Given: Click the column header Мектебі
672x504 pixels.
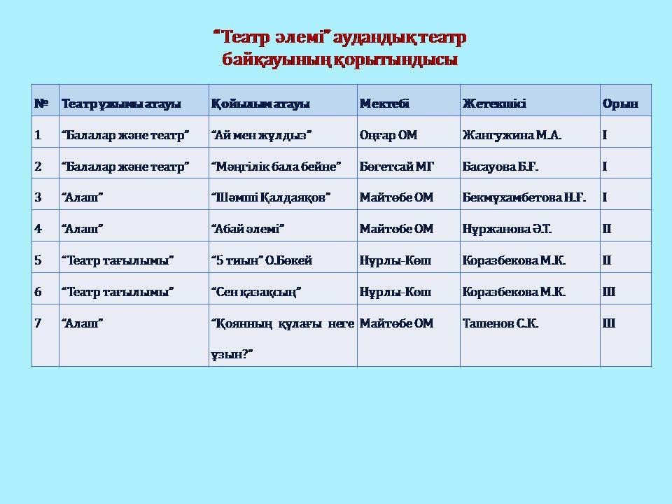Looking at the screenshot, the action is pyautogui.click(x=384, y=104).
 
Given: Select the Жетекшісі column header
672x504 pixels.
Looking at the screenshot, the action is pyautogui.click(x=494, y=104).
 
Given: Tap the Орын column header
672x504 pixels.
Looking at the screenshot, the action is pyautogui.click(x=620, y=104).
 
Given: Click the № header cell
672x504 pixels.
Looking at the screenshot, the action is pyautogui.click(x=41, y=104).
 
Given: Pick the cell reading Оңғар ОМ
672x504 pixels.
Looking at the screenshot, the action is pyautogui.click(x=388, y=135).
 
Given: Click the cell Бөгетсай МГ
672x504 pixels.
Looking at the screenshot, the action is pyautogui.click(x=397, y=167).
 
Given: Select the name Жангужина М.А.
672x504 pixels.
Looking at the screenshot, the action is pyautogui.click(x=512, y=135).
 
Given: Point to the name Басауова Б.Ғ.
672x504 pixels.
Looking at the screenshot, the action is pyautogui.click(x=500, y=167).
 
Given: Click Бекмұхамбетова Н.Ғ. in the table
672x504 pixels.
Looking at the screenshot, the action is pyautogui.click(x=524, y=197).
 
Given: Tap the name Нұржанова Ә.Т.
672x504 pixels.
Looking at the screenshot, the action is pyautogui.click(x=507, y=229).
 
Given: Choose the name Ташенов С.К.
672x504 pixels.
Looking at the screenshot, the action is pyautogui.click(x=500, y=323).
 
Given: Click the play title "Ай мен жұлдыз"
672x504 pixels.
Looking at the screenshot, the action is pyautogui.click(x=261, y=135).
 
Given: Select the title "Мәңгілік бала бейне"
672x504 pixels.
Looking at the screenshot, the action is pyautogui.click(x=276, y=167).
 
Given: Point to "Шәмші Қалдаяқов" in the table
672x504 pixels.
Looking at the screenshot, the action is pyautogui.click(x=271, y=197).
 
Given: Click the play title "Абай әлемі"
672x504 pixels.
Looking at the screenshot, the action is pyautogui.click(x=248, y=229).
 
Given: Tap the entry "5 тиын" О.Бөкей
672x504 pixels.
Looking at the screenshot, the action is pyautogui.click(x=262, y=260).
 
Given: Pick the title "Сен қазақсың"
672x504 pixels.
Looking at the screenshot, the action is pyautogui.click(x=256, y=292).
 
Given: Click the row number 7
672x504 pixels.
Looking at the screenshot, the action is pyautogui.click(x=38, y=323).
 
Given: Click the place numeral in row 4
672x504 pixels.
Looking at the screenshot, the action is pyautogui.click(x=607, y=229).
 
